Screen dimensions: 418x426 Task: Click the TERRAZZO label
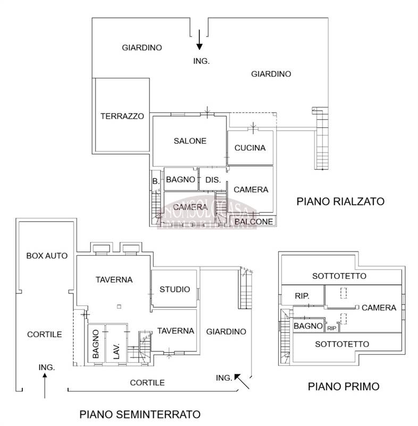[x=122, y=116]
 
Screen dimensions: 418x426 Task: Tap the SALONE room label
[x=190, y=141]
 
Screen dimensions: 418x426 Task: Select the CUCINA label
[x=250, y=148]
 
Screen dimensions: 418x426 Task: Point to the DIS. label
[x=213, y=180]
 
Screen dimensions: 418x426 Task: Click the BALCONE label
[x=254, y=222]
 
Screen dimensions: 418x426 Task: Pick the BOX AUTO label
[x=47, y=256]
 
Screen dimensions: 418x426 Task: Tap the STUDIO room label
[x=174, y=289]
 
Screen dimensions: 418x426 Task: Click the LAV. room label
[x=116, y=351]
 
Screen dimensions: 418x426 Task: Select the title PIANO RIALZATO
[x=340, y=201]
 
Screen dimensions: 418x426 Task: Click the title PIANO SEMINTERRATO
[x=140, y=414]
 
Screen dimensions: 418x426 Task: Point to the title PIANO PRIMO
[x=344, y=387]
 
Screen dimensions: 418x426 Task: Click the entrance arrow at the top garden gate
[x=199, y=39]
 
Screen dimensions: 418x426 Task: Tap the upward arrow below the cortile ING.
[x=45, y=386]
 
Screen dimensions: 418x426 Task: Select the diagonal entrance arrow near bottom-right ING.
[x=241, y=381]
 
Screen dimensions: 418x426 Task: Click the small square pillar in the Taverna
[x=119, y=307]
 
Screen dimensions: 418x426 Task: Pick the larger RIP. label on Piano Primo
[x=302, y=296]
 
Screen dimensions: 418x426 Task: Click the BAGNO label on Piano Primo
[x=308, y=326]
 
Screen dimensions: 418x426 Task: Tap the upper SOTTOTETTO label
[x=339, y=276]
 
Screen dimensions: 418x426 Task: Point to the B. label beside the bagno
[x=156, y=181]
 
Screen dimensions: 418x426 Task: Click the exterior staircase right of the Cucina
[x=322, y=138]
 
